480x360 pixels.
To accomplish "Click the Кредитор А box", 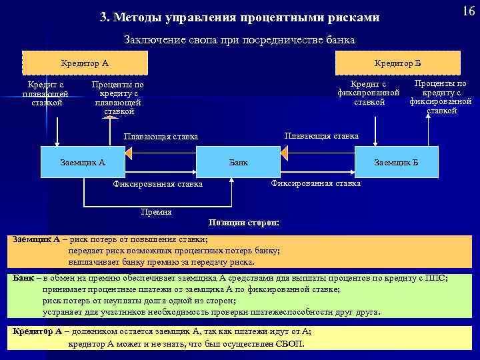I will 85,63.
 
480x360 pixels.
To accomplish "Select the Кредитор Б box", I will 397,63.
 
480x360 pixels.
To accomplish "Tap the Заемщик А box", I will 83,161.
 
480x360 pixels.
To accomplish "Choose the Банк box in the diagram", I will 238,161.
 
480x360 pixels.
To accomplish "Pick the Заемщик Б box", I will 397,161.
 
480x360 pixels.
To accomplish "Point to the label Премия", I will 157,212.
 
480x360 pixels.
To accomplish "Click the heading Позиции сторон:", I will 244,223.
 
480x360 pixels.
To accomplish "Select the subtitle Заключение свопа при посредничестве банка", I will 240,40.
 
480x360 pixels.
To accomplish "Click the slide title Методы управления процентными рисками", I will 239,16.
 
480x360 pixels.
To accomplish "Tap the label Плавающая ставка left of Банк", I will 161,137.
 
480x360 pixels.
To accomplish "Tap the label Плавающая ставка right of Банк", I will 321,135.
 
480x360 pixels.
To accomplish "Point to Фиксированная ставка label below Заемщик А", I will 158,184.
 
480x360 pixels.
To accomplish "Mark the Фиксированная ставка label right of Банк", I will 316,183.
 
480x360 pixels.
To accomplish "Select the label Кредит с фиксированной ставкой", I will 369,93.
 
